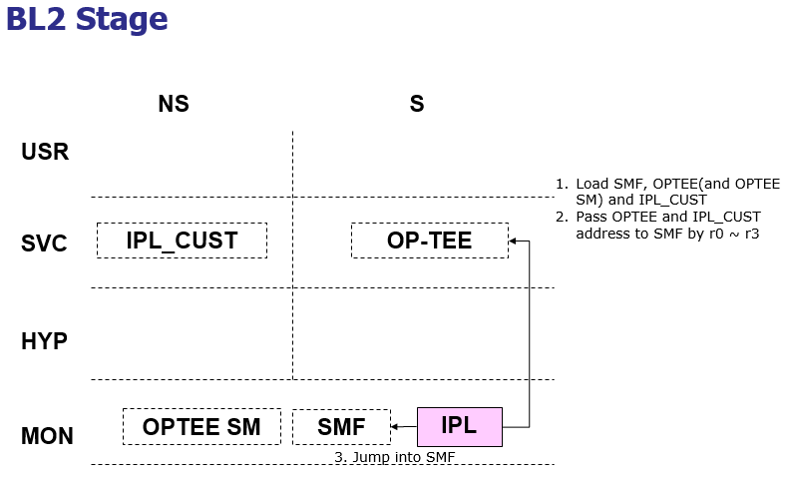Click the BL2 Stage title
pos(87,19)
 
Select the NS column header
pos(174,104)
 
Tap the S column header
pos(417,104)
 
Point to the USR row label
pos(45,153)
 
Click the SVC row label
pos(45,243)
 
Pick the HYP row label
pos(45,342)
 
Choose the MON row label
pos(47,436)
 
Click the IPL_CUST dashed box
pos(182,240)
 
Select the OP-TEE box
pos(429,240)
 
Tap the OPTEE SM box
pos(201,427)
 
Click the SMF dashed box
pos(341,427)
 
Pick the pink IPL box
pos(459,426)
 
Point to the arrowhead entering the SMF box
pos(395,427)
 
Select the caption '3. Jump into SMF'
pos(394,457)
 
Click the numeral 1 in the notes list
pos(561,185)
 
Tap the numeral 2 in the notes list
pos(561,217)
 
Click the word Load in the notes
pos(590,185)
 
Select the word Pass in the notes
pos(590,217)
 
